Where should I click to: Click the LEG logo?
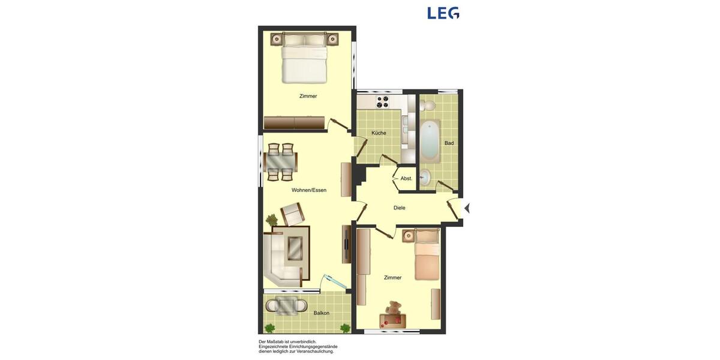(443, 13)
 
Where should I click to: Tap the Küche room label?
(379, 133)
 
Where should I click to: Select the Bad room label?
(449, 143)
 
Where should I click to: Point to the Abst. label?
(406, 179)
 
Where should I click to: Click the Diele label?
(399, 208)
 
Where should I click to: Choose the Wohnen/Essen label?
(309, 190)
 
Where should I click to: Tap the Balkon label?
(321, 313)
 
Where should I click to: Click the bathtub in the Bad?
(429, 141)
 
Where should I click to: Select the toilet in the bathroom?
(427, 106)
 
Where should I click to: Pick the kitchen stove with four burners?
(382, 102)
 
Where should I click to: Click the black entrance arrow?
(467, 208)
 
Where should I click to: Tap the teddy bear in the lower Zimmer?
(394, 310)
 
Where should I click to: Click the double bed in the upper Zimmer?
(304, 58)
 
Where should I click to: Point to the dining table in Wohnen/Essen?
(280, 162)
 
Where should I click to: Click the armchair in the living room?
(292, 213)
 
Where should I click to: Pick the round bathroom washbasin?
(425, 177)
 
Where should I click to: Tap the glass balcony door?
(335, 283)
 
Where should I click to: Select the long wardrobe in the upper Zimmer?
(294, 122)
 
